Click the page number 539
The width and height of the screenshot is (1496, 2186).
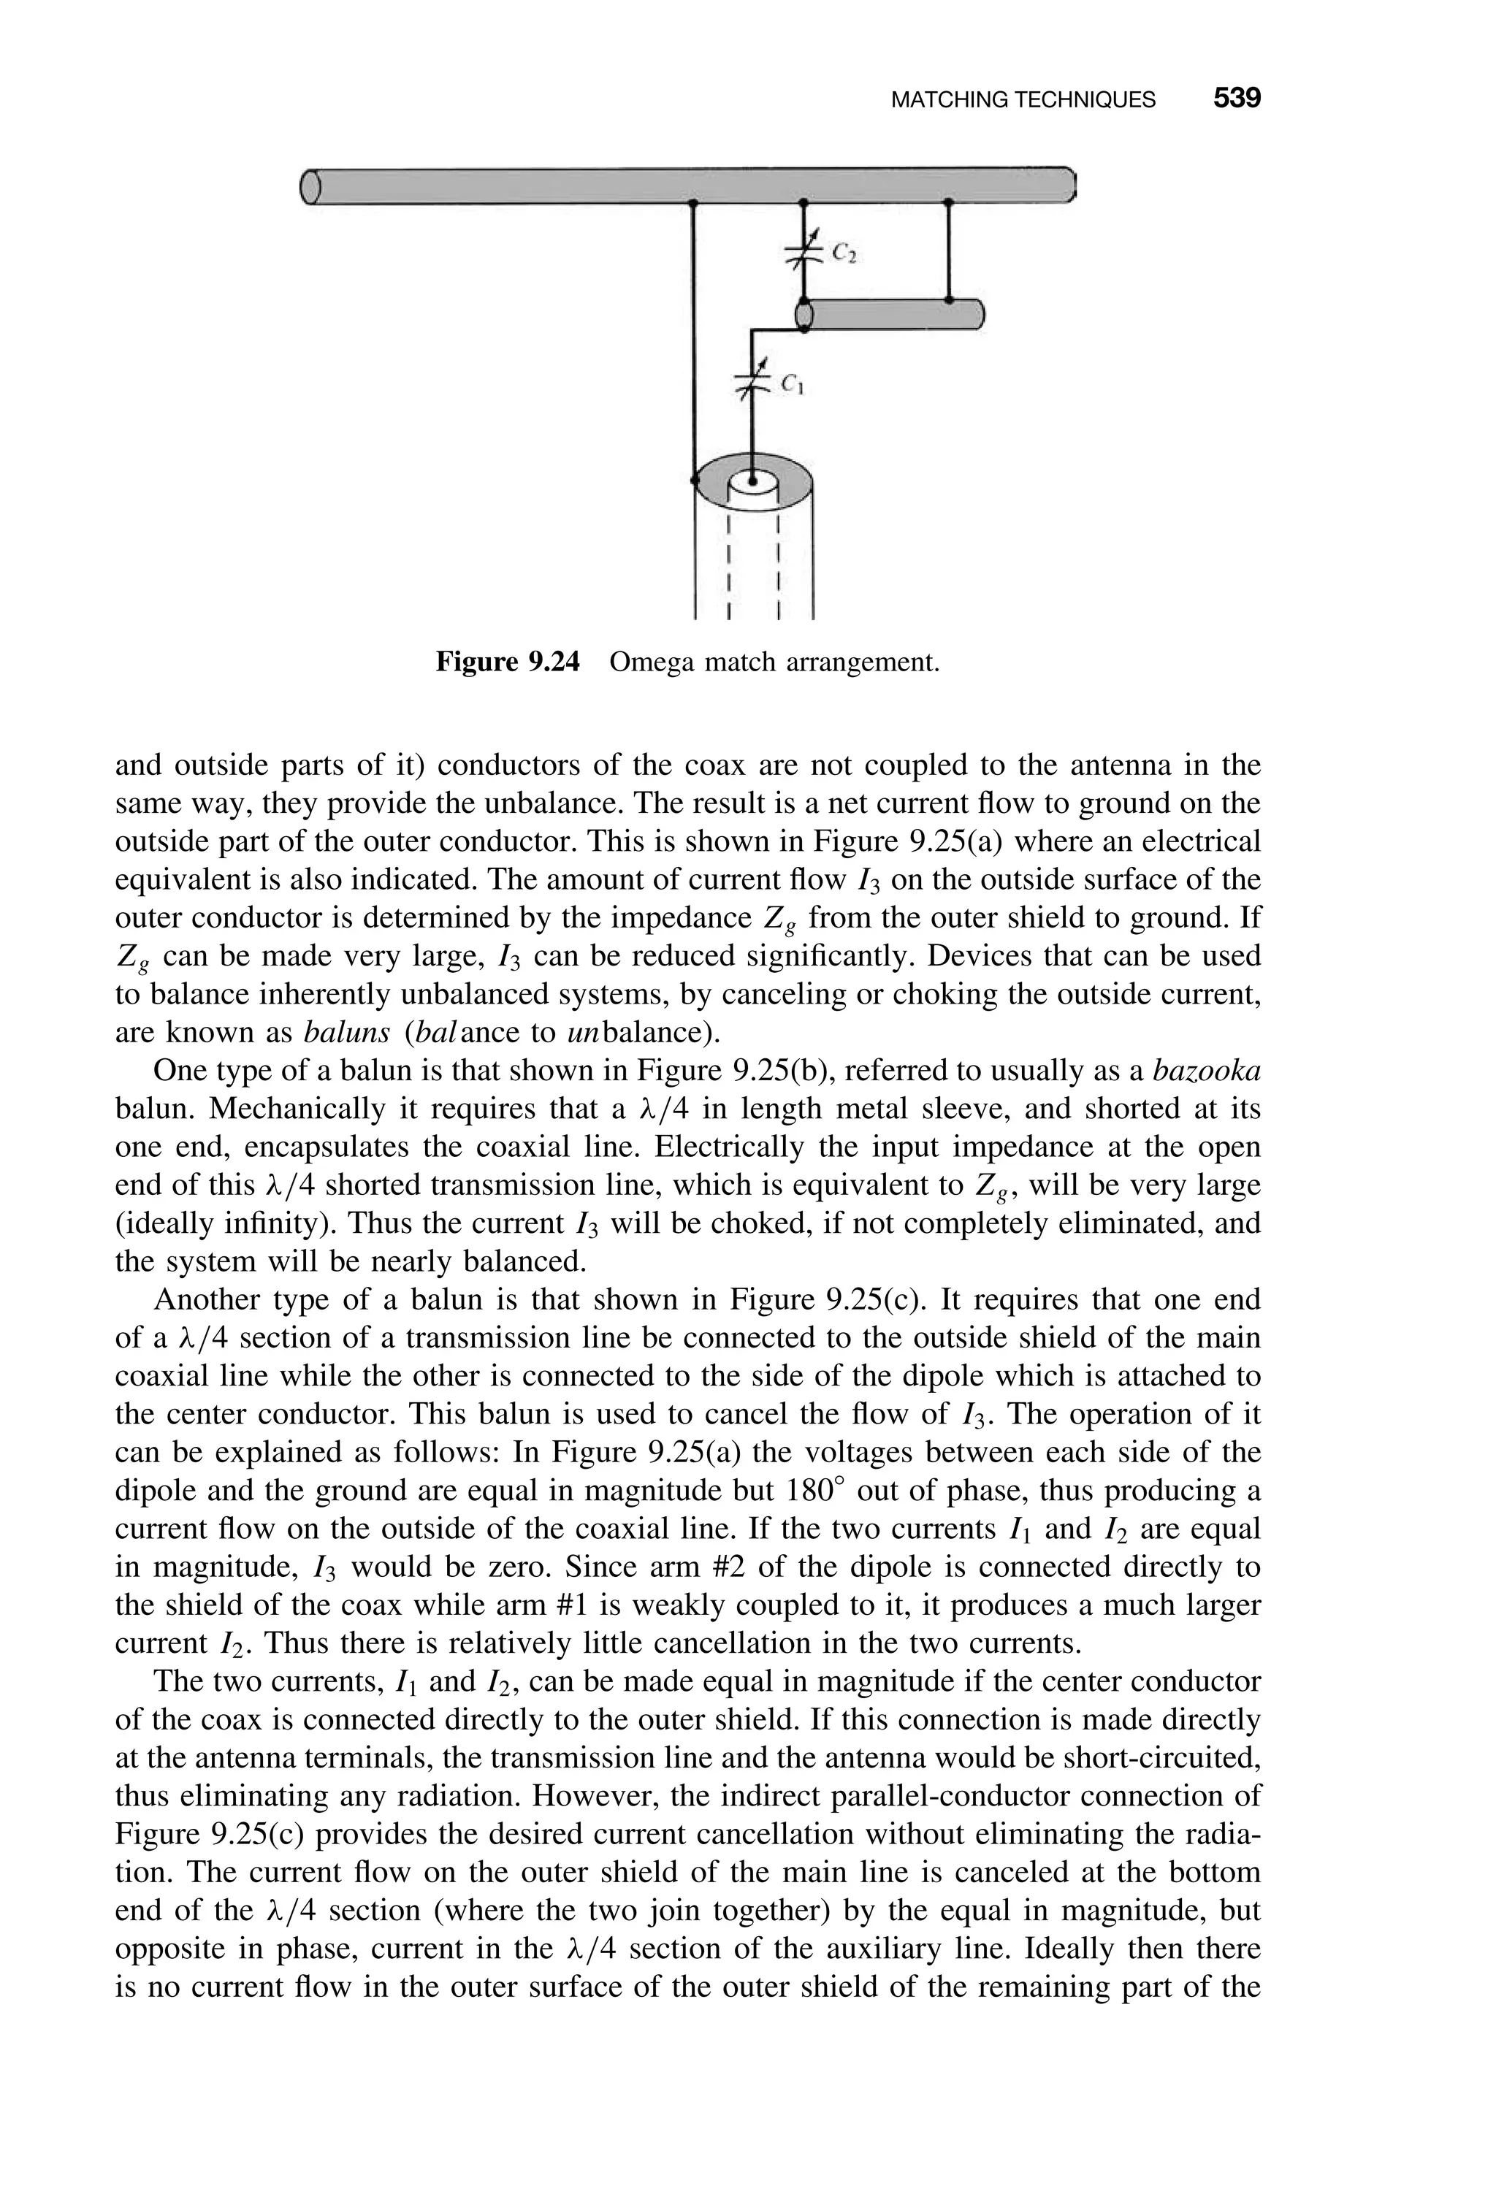coord(1235,99)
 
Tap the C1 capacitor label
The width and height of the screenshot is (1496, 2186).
coord(791,385)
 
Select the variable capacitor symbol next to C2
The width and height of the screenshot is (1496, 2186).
coord(803,251)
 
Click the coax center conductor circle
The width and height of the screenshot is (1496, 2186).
coord(752,481)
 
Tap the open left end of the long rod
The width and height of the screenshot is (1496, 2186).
coord(310,186)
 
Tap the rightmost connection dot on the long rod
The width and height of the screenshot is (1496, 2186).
coord(948,202)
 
